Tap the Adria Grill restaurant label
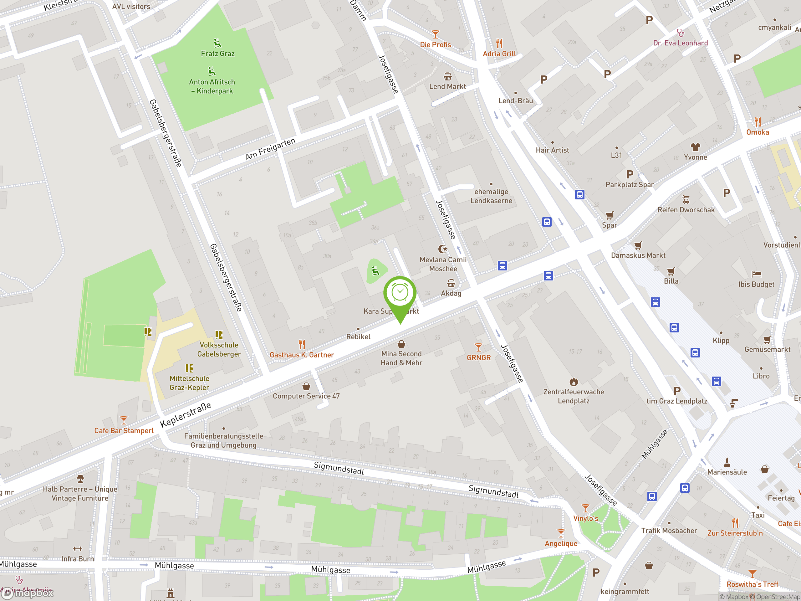click(x=499, y=54)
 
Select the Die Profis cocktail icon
click(x=435, y=34)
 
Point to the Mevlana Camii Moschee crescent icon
click(x=442, y=249)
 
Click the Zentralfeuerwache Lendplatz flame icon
click(x=574, y=382)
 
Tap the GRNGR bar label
click(x=478, y=357)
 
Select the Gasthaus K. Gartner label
click(x=302, y=355)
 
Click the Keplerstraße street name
click(x=186, y=415)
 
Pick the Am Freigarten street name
click(x=271, y=149)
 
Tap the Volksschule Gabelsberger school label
click(x=219, y=350)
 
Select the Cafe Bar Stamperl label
click(x=124, y=431)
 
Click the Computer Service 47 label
click(x=306, y=396)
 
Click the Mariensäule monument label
click(x=727, y=472)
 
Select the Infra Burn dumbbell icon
click(x=78, y=548)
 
